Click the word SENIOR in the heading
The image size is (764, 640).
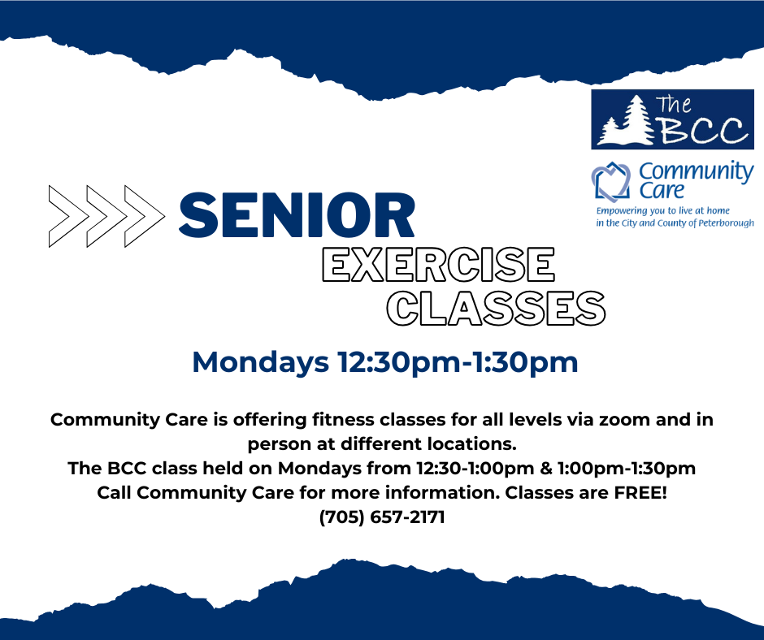(x=297, y=215)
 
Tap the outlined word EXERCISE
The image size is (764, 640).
(x=439, y=265)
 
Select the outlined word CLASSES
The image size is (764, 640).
(x=496, y=309)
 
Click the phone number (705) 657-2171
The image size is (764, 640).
(x=382, y=517)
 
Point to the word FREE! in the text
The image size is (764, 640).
(x=640, y=492)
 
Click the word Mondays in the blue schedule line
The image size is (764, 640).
(x=261, y=362)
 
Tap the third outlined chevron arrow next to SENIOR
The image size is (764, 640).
(x=145, y=216)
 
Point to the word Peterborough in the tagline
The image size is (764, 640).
(x=726, y=223)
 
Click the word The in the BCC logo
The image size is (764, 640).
(x=673, y=106)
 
